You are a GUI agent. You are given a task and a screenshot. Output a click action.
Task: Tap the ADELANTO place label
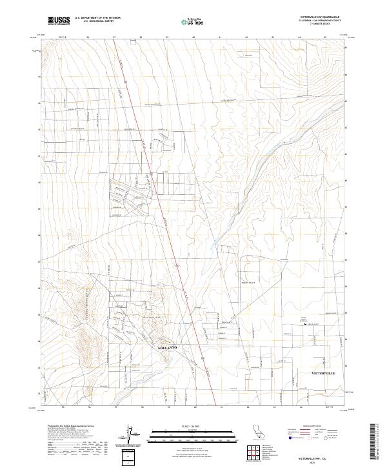pos(167,348)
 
